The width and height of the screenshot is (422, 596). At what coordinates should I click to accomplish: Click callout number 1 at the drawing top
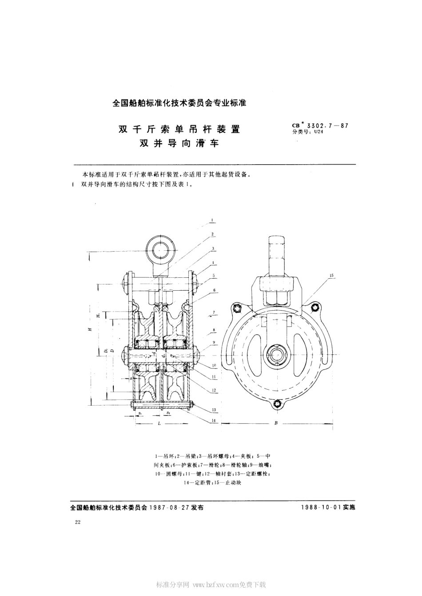213,220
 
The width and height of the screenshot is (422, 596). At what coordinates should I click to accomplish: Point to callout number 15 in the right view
331,276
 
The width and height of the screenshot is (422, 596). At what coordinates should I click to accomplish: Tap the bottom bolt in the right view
279,403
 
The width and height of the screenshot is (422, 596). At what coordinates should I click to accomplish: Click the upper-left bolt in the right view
238,308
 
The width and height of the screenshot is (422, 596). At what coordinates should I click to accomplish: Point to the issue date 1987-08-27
169,508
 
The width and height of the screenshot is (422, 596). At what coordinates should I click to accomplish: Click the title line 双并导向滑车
179,143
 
